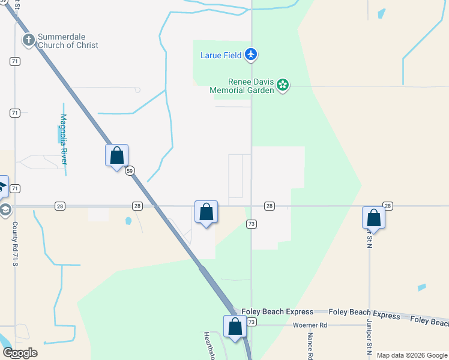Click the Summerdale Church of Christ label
tap(67, 41)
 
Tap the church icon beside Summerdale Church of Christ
tap(28, 41)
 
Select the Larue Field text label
tap(221, 56)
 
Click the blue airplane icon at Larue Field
tap(251, 55)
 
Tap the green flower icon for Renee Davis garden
tap(283, 86)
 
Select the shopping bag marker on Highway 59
tap(117, 156)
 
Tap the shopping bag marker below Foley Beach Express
tap(235, 327)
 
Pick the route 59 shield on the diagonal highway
tap(130, 171)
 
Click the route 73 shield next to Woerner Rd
tap(252, 323)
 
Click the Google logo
tap(20, 353)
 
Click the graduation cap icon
tap(5, 209)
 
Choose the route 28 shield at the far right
tap(387, 206)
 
